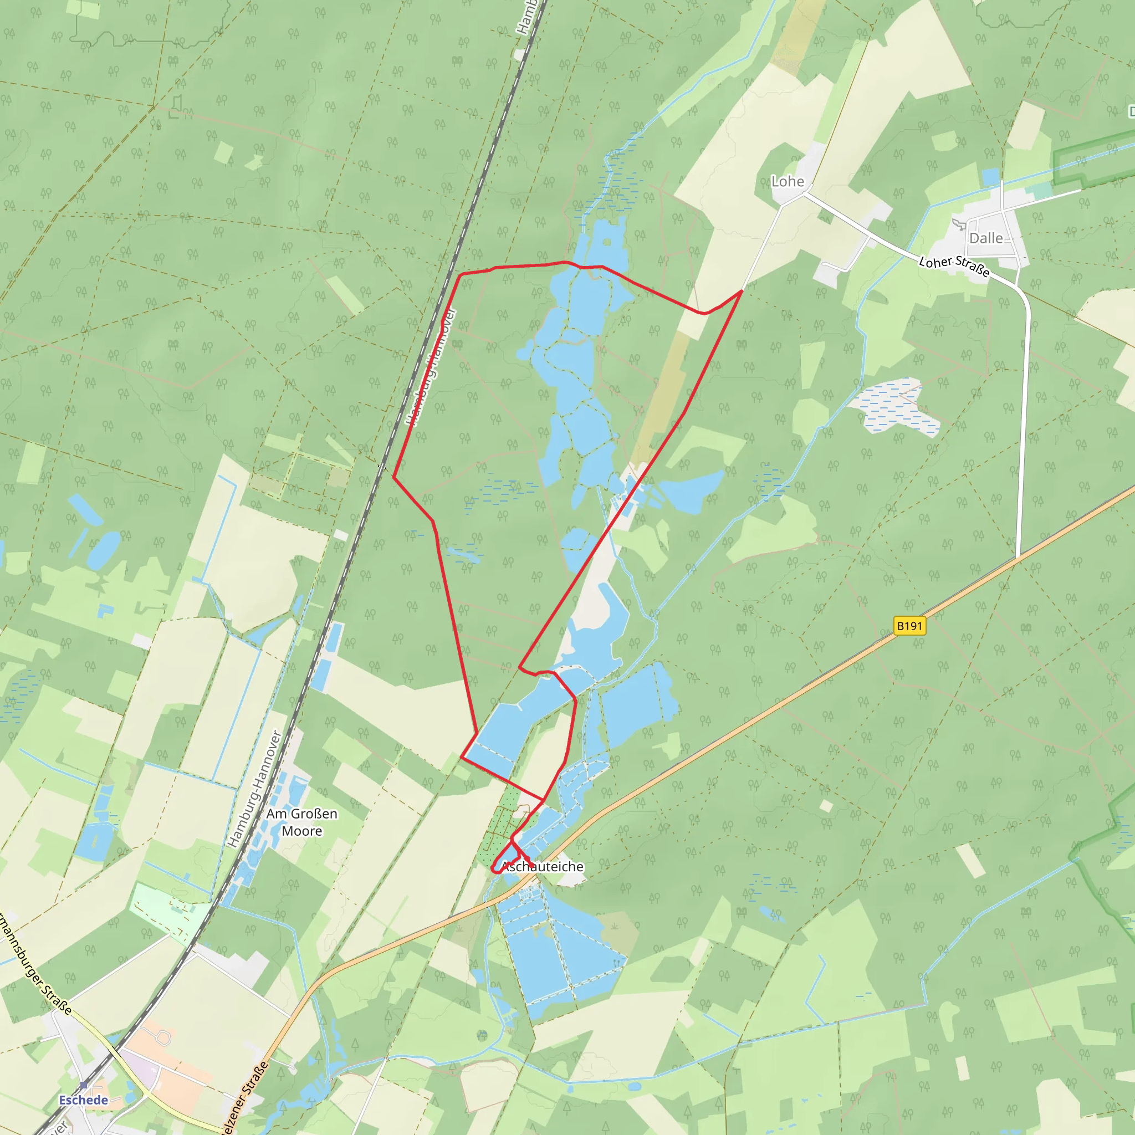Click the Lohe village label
tap(787, 182)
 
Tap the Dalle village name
tap(986, 238)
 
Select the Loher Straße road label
tap(954, 265)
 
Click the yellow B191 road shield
tap(909, 626)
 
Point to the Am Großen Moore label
tap(301, 822)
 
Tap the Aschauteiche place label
tap(543, 867)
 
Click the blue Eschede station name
tap(84, 1100)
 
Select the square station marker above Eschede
tap(84, 1085)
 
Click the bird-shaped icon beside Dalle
tap(959, 224)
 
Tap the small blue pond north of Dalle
tap(990, 177)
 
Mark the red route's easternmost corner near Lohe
tap(742, 290)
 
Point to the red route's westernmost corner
tap(393, 477)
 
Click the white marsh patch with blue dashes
tap(896, 407)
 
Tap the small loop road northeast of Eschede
tap(164, 1039)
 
